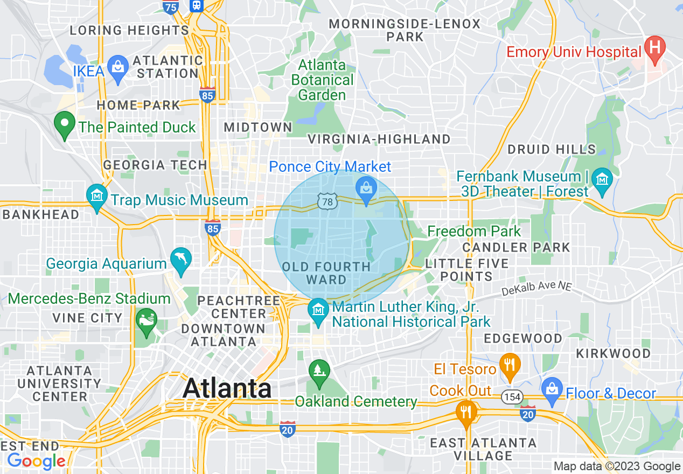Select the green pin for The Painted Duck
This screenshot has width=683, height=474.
click(x=65, y=124)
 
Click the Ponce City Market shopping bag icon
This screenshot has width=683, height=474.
click(x=366, y=189)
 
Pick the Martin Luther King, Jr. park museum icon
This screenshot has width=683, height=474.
click(x=318, y=310)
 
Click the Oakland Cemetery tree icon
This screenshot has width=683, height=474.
click(x=319, y=371)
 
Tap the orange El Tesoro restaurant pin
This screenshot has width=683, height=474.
click(x=509, y=365)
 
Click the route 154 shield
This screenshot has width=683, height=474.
click(x=512, y=397)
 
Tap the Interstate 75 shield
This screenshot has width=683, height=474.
click(x=171, y=6)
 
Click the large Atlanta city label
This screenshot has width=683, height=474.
click(x=227, y=388)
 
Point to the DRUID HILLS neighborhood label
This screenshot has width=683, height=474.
click(x=552, y=149)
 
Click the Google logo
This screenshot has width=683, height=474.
click(x=36, y=461)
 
